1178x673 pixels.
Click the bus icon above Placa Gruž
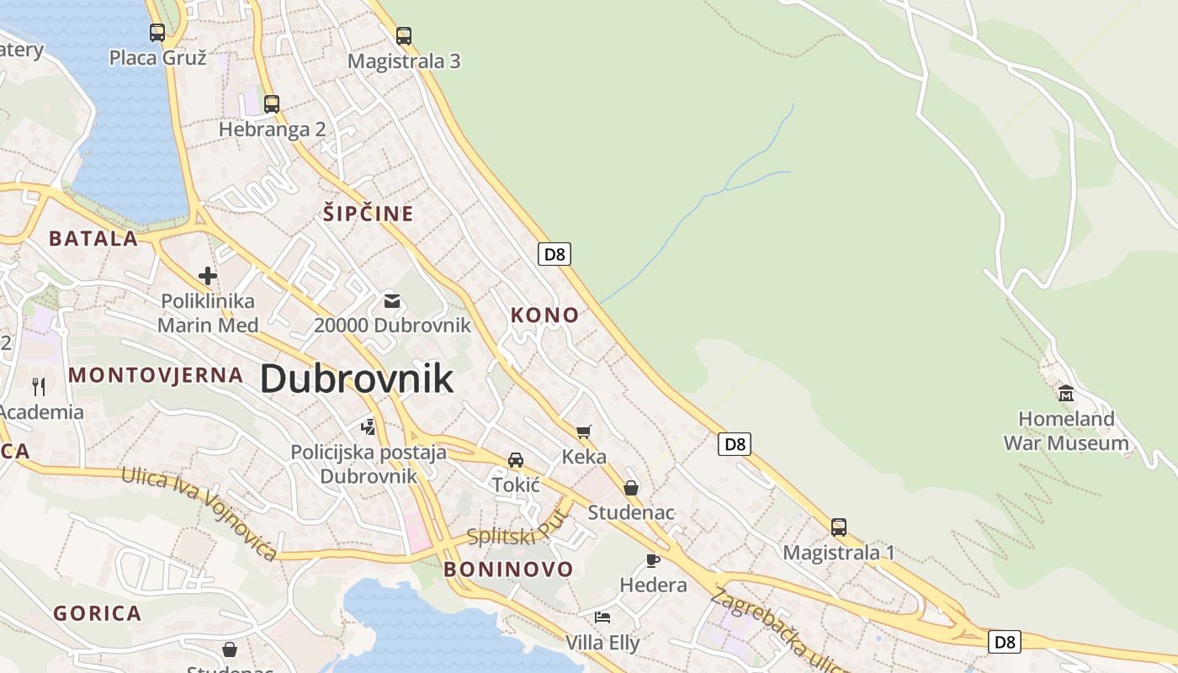point(157,33)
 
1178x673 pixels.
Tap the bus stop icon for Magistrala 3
point(404,36)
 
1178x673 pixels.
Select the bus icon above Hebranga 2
point(271,104)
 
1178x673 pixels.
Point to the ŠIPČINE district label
point(369,214)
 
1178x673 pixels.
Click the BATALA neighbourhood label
point(93,239)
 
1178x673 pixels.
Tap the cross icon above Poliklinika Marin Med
point(207,275)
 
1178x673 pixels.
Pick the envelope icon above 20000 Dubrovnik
point(392,300)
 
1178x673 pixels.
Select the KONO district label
point(545,315)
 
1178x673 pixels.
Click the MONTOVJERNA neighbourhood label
point(156,375)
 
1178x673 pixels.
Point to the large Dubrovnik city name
point(357,379)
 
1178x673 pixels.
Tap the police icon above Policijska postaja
point(368,427)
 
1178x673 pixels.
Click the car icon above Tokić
point(516,460)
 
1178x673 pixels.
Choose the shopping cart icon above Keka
point(584,432)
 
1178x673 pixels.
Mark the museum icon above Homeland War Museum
point(1066,393)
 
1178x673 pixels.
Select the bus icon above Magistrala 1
point(839,527)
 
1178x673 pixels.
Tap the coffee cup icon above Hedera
point(653,560)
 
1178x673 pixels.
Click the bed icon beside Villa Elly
point(602,617)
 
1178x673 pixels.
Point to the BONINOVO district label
point(508,570)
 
